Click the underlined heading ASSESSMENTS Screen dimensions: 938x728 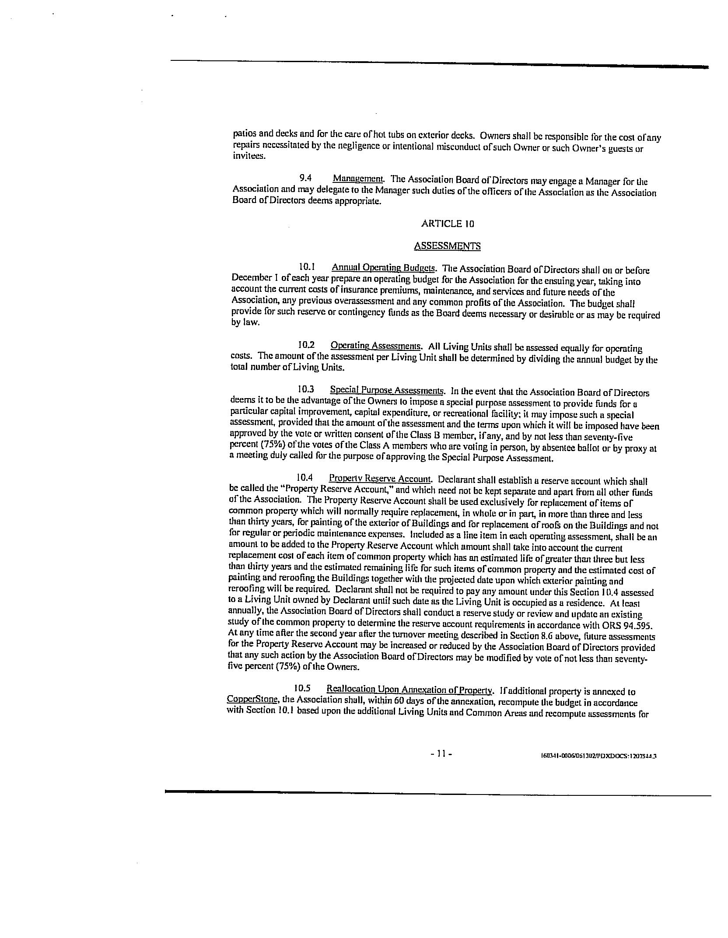pyautogui.click(x=447, y=246)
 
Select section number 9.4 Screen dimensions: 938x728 pyautogui.click(x=305, y=178)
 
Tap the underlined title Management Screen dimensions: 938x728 pyautogui.click(x=358, y=178)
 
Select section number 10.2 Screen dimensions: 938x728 pyautogui.click(x=306, y=345)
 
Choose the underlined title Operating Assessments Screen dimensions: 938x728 pyautogui.click(x=376, y=346)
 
